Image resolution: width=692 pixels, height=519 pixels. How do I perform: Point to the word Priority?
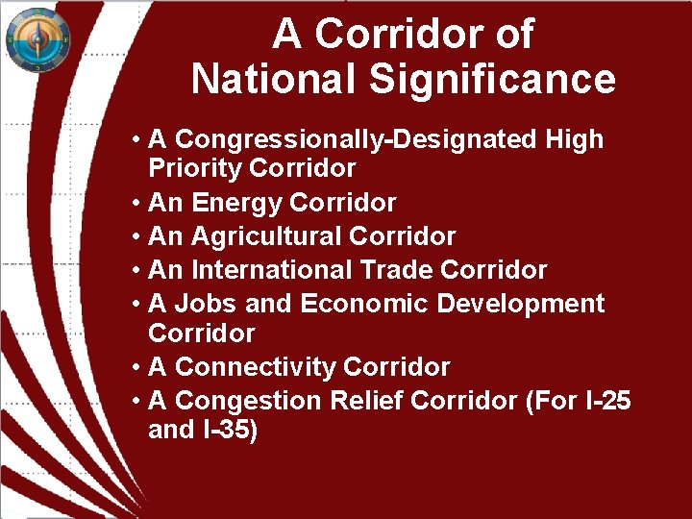pos(194,169)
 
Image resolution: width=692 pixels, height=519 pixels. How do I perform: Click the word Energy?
pos(236,203)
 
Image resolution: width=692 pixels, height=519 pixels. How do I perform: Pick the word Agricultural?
pos(266,236)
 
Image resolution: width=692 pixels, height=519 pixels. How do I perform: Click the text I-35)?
pos(230,430)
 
